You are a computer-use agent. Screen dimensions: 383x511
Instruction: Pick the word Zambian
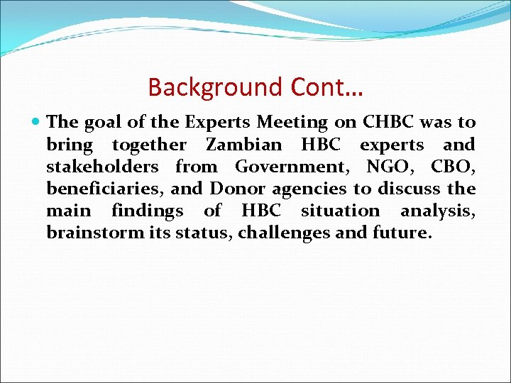click(243, 145)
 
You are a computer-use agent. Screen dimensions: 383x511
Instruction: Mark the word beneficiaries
click(96, 189)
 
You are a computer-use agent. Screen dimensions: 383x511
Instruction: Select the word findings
click(147, 211)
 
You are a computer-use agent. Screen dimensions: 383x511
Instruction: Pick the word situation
click(340, 211)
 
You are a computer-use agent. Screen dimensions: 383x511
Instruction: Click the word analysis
click(437, 211)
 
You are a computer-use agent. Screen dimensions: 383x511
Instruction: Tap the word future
click(402, 233)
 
